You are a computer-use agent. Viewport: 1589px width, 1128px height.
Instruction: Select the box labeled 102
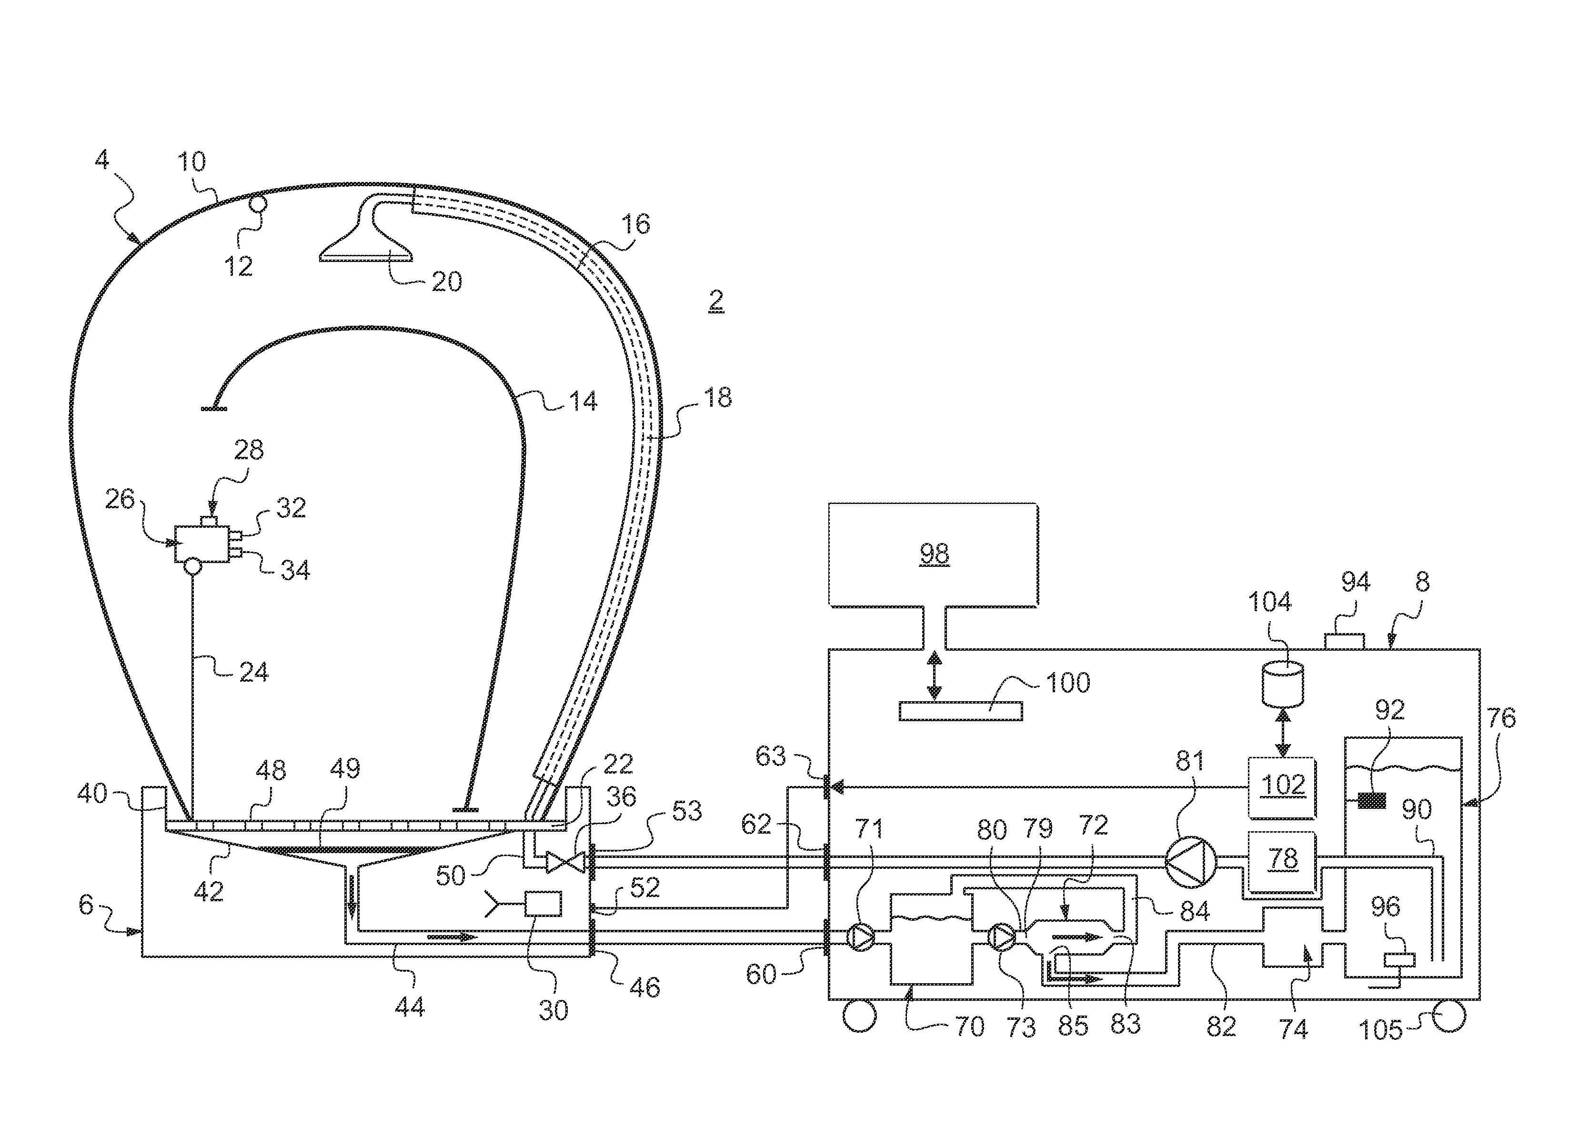pyautogui.click(x=1282, y=786)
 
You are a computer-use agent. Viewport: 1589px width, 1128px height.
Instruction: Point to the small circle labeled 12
pyautogui.click(x=258, y=205)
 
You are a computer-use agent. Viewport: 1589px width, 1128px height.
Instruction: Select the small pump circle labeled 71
pyautogui.click(x=861, y=937)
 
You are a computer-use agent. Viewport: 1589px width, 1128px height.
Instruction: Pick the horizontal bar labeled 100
pyautogui.click(x=960, y=711)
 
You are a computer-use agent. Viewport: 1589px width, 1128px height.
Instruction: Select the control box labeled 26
pyautogui.click(x=201, y=543)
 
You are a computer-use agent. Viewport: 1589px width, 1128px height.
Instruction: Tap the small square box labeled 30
pyautogui.click(x=543, y=904)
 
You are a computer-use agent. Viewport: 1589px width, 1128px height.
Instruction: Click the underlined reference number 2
pyautogui.click(x=715, y=301)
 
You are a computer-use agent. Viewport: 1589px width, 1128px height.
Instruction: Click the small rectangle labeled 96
pyautogui.click(x=1398, y=960)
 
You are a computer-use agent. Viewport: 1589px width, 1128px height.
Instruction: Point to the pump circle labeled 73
pyautogui.click(x=1001, y=937)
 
